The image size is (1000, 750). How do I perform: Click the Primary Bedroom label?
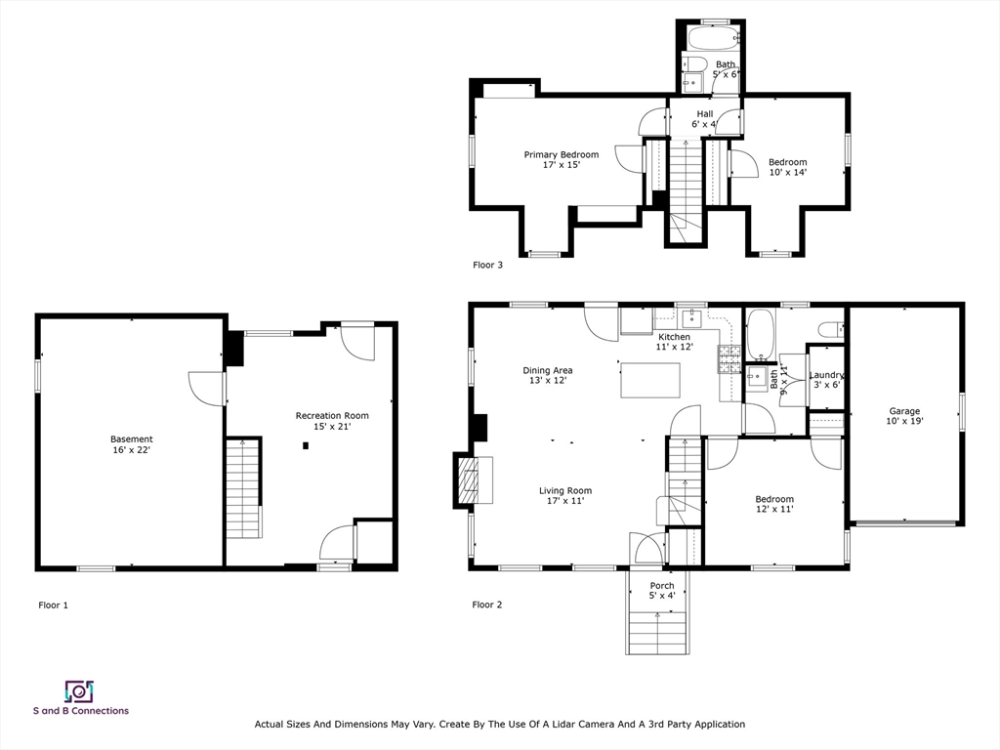point(561,160)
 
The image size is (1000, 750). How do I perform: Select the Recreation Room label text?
point(332,421)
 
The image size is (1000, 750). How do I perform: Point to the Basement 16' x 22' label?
point(131,444)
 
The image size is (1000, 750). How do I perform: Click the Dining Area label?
point(547,375)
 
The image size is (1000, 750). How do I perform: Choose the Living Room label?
point(564,496)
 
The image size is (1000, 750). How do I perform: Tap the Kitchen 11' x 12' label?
point(674,342)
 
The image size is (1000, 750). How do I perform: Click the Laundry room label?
point(826,379)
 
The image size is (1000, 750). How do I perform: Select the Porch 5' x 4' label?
point(661,591)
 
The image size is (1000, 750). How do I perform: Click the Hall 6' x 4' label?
point(704,119)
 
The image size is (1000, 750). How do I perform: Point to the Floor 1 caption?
point(53,605)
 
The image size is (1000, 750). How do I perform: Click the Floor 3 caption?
point(487,265)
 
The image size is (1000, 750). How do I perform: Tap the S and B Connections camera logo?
point(79,691)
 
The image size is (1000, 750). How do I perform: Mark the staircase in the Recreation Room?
point(244,488)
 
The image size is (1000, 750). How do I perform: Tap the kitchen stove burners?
point(728,358)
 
